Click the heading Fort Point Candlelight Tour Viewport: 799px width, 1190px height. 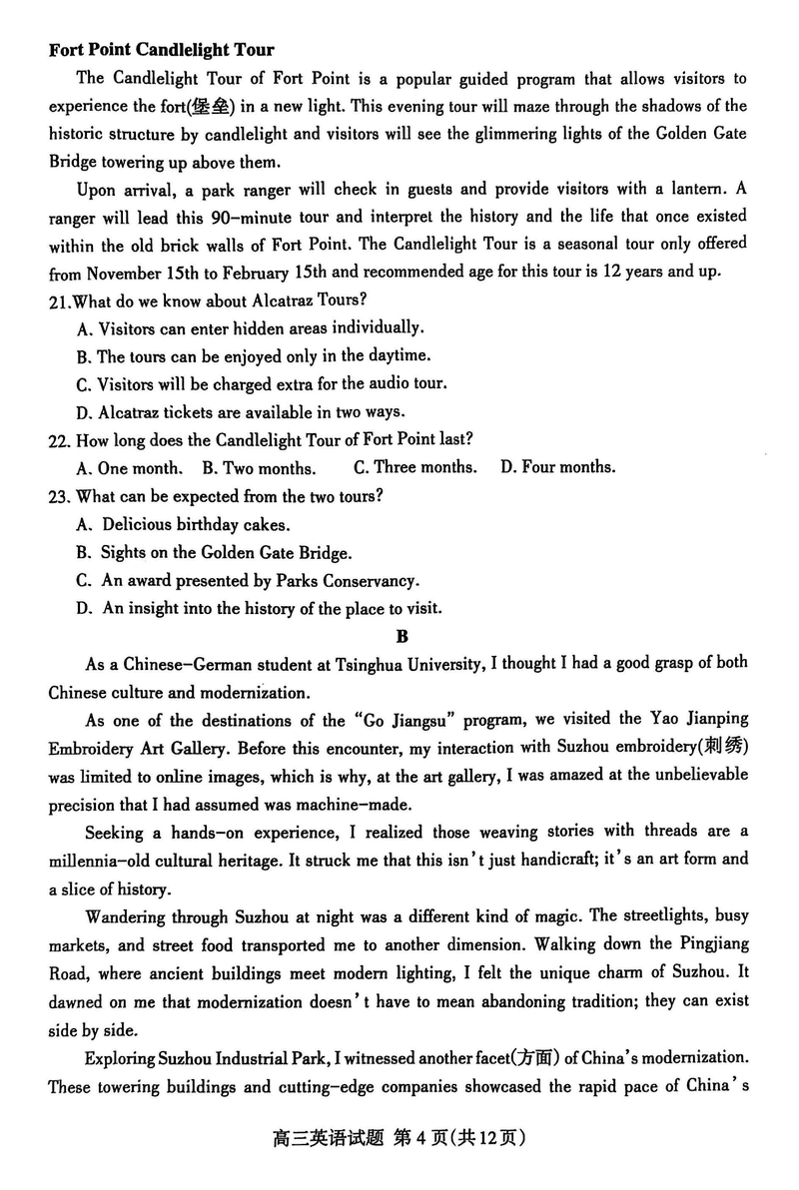(161, 50)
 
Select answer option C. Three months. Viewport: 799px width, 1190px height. (414, 466)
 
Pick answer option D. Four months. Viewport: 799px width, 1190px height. (557, 466)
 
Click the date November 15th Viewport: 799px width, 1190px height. (147, 273)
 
